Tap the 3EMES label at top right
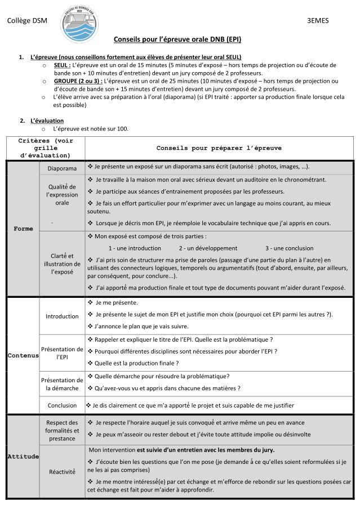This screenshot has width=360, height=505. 318,21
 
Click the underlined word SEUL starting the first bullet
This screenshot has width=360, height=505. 62,65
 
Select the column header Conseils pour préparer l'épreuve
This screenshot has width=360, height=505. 219,148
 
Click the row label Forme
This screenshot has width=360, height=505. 24,229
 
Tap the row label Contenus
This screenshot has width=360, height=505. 24,356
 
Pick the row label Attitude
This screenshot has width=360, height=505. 24,456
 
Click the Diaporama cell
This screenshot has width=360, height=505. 62,168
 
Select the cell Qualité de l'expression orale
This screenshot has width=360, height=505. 62,194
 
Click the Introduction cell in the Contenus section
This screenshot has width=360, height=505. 62,316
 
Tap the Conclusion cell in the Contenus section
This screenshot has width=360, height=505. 62,405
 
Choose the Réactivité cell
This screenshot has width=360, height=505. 62,472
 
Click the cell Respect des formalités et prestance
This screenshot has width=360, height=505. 62,430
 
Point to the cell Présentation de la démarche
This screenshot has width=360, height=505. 62,383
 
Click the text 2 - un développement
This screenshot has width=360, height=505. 208,248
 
